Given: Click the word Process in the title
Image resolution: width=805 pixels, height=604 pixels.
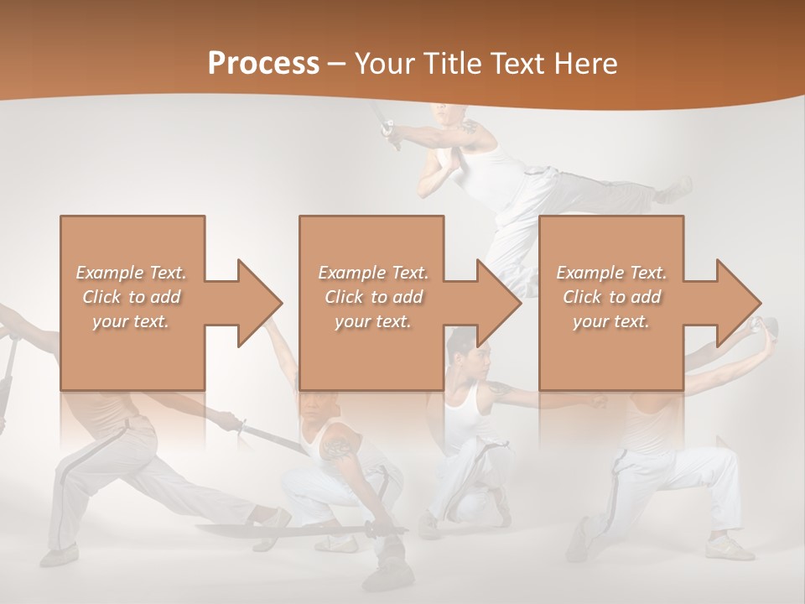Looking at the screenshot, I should click(x=263, y=63).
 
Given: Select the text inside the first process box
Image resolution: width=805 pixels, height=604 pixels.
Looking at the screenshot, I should click(x=131, y=296).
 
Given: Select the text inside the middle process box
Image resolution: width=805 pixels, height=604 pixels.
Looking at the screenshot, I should click(x=372, y=296).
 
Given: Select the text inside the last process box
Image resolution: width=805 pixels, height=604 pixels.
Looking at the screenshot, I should click(x=611, y=296).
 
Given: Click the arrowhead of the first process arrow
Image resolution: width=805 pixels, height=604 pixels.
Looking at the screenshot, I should click(x=260, y=303).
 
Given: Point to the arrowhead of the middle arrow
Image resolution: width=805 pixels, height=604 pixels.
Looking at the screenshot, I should click(x=500, y=303).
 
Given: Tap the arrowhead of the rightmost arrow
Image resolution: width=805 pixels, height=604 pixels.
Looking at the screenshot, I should click(x=739, y=303).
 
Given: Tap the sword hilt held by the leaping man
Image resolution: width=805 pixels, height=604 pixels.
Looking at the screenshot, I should click(x=387, y=129).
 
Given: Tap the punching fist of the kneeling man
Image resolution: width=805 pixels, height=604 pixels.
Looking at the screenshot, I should click(x=598, y=401).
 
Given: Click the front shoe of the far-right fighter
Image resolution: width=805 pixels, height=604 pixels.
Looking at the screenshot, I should click(x=730, y=549).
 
